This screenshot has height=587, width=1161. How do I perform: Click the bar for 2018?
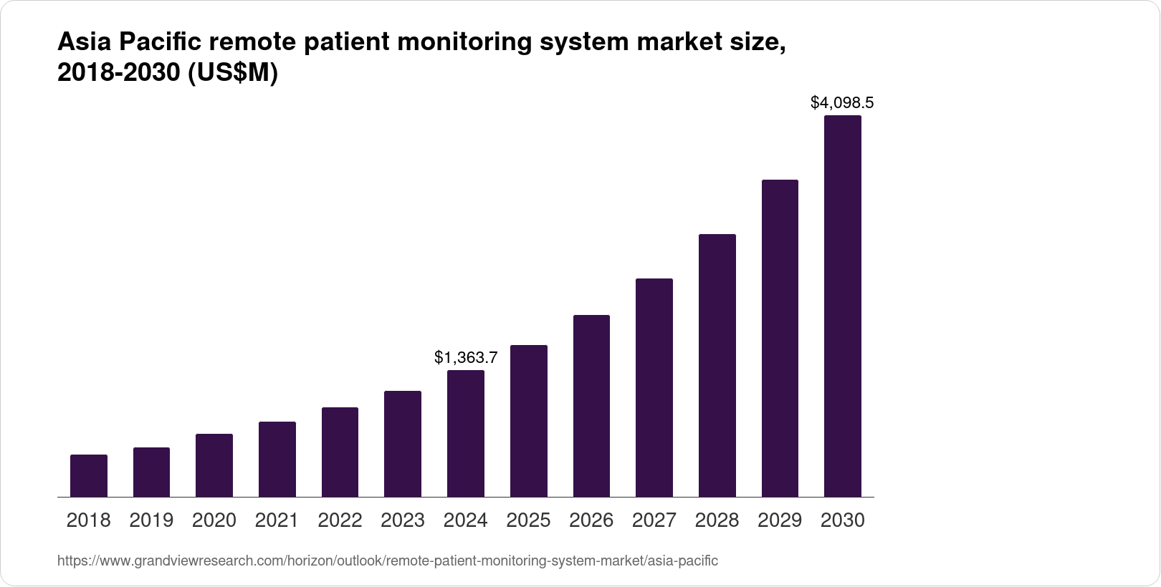89,475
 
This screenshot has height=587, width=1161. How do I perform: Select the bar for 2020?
214,465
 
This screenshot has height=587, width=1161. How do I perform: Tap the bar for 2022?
340,452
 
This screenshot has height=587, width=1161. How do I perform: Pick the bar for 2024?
466,433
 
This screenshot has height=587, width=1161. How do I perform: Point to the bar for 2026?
591,406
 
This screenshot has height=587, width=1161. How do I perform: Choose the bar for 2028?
717,365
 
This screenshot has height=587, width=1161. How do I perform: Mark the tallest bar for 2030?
843,306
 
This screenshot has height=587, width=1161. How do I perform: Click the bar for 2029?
780,338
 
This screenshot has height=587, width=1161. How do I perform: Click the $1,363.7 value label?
466,357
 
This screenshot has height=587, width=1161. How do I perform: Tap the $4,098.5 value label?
842,103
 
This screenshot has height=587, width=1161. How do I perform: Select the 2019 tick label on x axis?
151,520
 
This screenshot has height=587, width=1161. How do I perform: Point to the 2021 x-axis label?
277,520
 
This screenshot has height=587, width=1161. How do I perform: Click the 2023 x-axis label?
403,520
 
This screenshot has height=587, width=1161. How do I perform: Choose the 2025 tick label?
528,520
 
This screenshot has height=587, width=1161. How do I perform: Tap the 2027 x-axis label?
654,520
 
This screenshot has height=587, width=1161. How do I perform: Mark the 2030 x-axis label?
843,520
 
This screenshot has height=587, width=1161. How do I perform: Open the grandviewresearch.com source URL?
388,561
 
